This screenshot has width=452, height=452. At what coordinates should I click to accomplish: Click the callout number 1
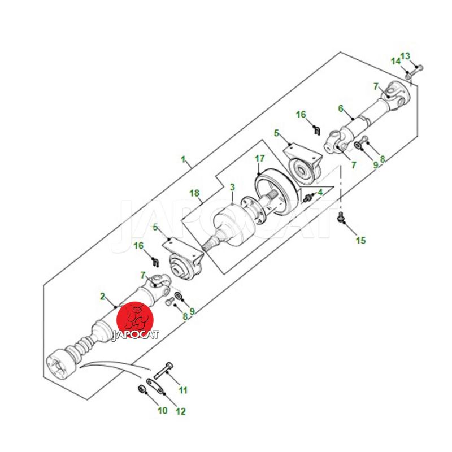point(183,159)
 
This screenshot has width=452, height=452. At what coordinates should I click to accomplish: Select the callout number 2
point(103,296)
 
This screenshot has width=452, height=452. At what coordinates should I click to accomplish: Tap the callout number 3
point(232,188)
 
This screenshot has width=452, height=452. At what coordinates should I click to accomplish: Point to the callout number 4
point(320,192)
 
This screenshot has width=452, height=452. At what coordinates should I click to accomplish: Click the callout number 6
point(341,108)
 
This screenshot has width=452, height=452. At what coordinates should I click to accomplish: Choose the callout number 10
point(163,411)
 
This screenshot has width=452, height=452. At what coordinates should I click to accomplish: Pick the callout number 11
point(183,390)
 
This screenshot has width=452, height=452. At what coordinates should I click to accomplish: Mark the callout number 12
point(181,412)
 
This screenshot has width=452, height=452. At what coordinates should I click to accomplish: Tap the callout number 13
point(405,56)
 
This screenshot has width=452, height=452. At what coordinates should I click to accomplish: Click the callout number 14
point(396,62)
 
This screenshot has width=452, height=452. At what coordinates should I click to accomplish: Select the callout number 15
point(360,240)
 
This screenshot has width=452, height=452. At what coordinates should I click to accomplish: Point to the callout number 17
point(260,159)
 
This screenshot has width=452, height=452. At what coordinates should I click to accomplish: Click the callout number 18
point(194,193)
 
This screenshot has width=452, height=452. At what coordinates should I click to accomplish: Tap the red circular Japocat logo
point(135,320)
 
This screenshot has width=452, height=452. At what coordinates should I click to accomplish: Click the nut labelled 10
point(141,389)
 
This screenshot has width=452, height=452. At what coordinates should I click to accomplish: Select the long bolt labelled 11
point(163,370)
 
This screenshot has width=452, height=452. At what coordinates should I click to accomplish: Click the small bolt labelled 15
point(341,217)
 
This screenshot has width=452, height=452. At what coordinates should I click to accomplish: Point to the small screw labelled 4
point(307,198)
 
